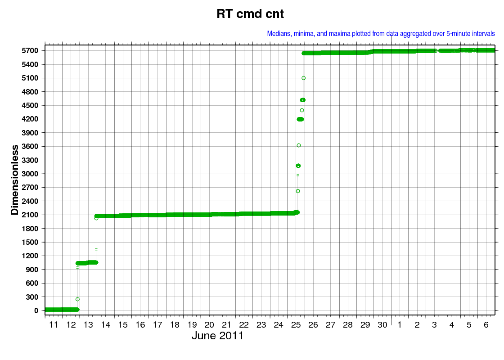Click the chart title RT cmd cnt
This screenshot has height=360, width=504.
pos(250,14)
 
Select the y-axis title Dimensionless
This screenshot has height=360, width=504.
pos(15,180)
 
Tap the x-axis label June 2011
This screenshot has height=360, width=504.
pos(218,336)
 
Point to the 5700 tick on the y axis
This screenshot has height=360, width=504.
pos(30,50)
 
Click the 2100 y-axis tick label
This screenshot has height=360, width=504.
pos(30,215)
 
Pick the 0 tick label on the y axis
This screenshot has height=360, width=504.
pos(36,310)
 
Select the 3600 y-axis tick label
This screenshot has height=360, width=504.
pos(30,146)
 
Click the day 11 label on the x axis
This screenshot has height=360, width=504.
pos(54,325)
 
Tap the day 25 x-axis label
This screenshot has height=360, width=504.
pos(296,325)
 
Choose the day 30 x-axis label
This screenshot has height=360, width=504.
pos(382,325)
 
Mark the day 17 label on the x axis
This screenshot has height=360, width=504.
pos(157,325)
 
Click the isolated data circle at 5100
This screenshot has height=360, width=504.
pos(303,78)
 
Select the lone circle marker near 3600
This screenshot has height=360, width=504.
pos(299,146)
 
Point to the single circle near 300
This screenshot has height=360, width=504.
pos(77,299)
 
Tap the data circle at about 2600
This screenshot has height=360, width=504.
pos(297,191)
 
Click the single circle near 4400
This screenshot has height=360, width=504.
pos(302,110)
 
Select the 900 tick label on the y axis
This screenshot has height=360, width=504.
pos(32,270)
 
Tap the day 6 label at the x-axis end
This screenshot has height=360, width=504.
pos(486,325)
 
